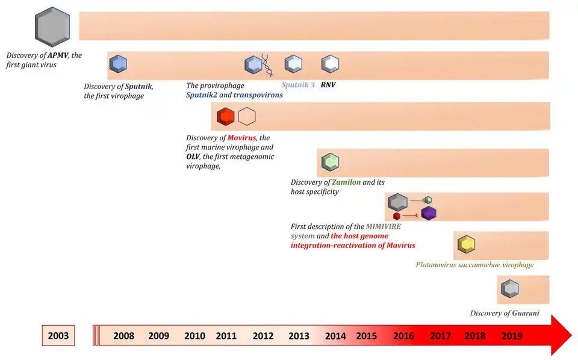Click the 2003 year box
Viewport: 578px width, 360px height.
[x=58, y=336]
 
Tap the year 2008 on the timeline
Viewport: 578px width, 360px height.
[x=123, y=336]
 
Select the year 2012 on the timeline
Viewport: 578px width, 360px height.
[x=263, y=336]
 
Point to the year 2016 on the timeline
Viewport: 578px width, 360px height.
[x=403, y=336]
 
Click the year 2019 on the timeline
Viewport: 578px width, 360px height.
[x=512, y=336]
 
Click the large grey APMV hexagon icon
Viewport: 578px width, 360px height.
[x=52, y=27]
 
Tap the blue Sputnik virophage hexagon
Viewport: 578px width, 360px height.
[x=118, y=63]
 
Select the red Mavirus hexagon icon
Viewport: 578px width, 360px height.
[x=226, y=116]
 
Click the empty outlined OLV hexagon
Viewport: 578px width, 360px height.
[x=247, y=116]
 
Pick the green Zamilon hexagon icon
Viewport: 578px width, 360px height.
[x=331, y=162]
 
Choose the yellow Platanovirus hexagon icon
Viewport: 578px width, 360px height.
[x=467, y=245]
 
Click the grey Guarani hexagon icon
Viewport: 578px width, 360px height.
[x=510, y=289]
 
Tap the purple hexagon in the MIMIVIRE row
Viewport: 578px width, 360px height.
[x=429, y=213]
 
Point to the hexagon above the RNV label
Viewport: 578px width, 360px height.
[x=330, y=63]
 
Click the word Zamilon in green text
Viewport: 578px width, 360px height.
[x=346, y=182]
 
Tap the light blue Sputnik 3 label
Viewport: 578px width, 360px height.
[x=298, y=85]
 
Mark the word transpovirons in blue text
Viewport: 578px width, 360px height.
[x=258, y=95]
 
